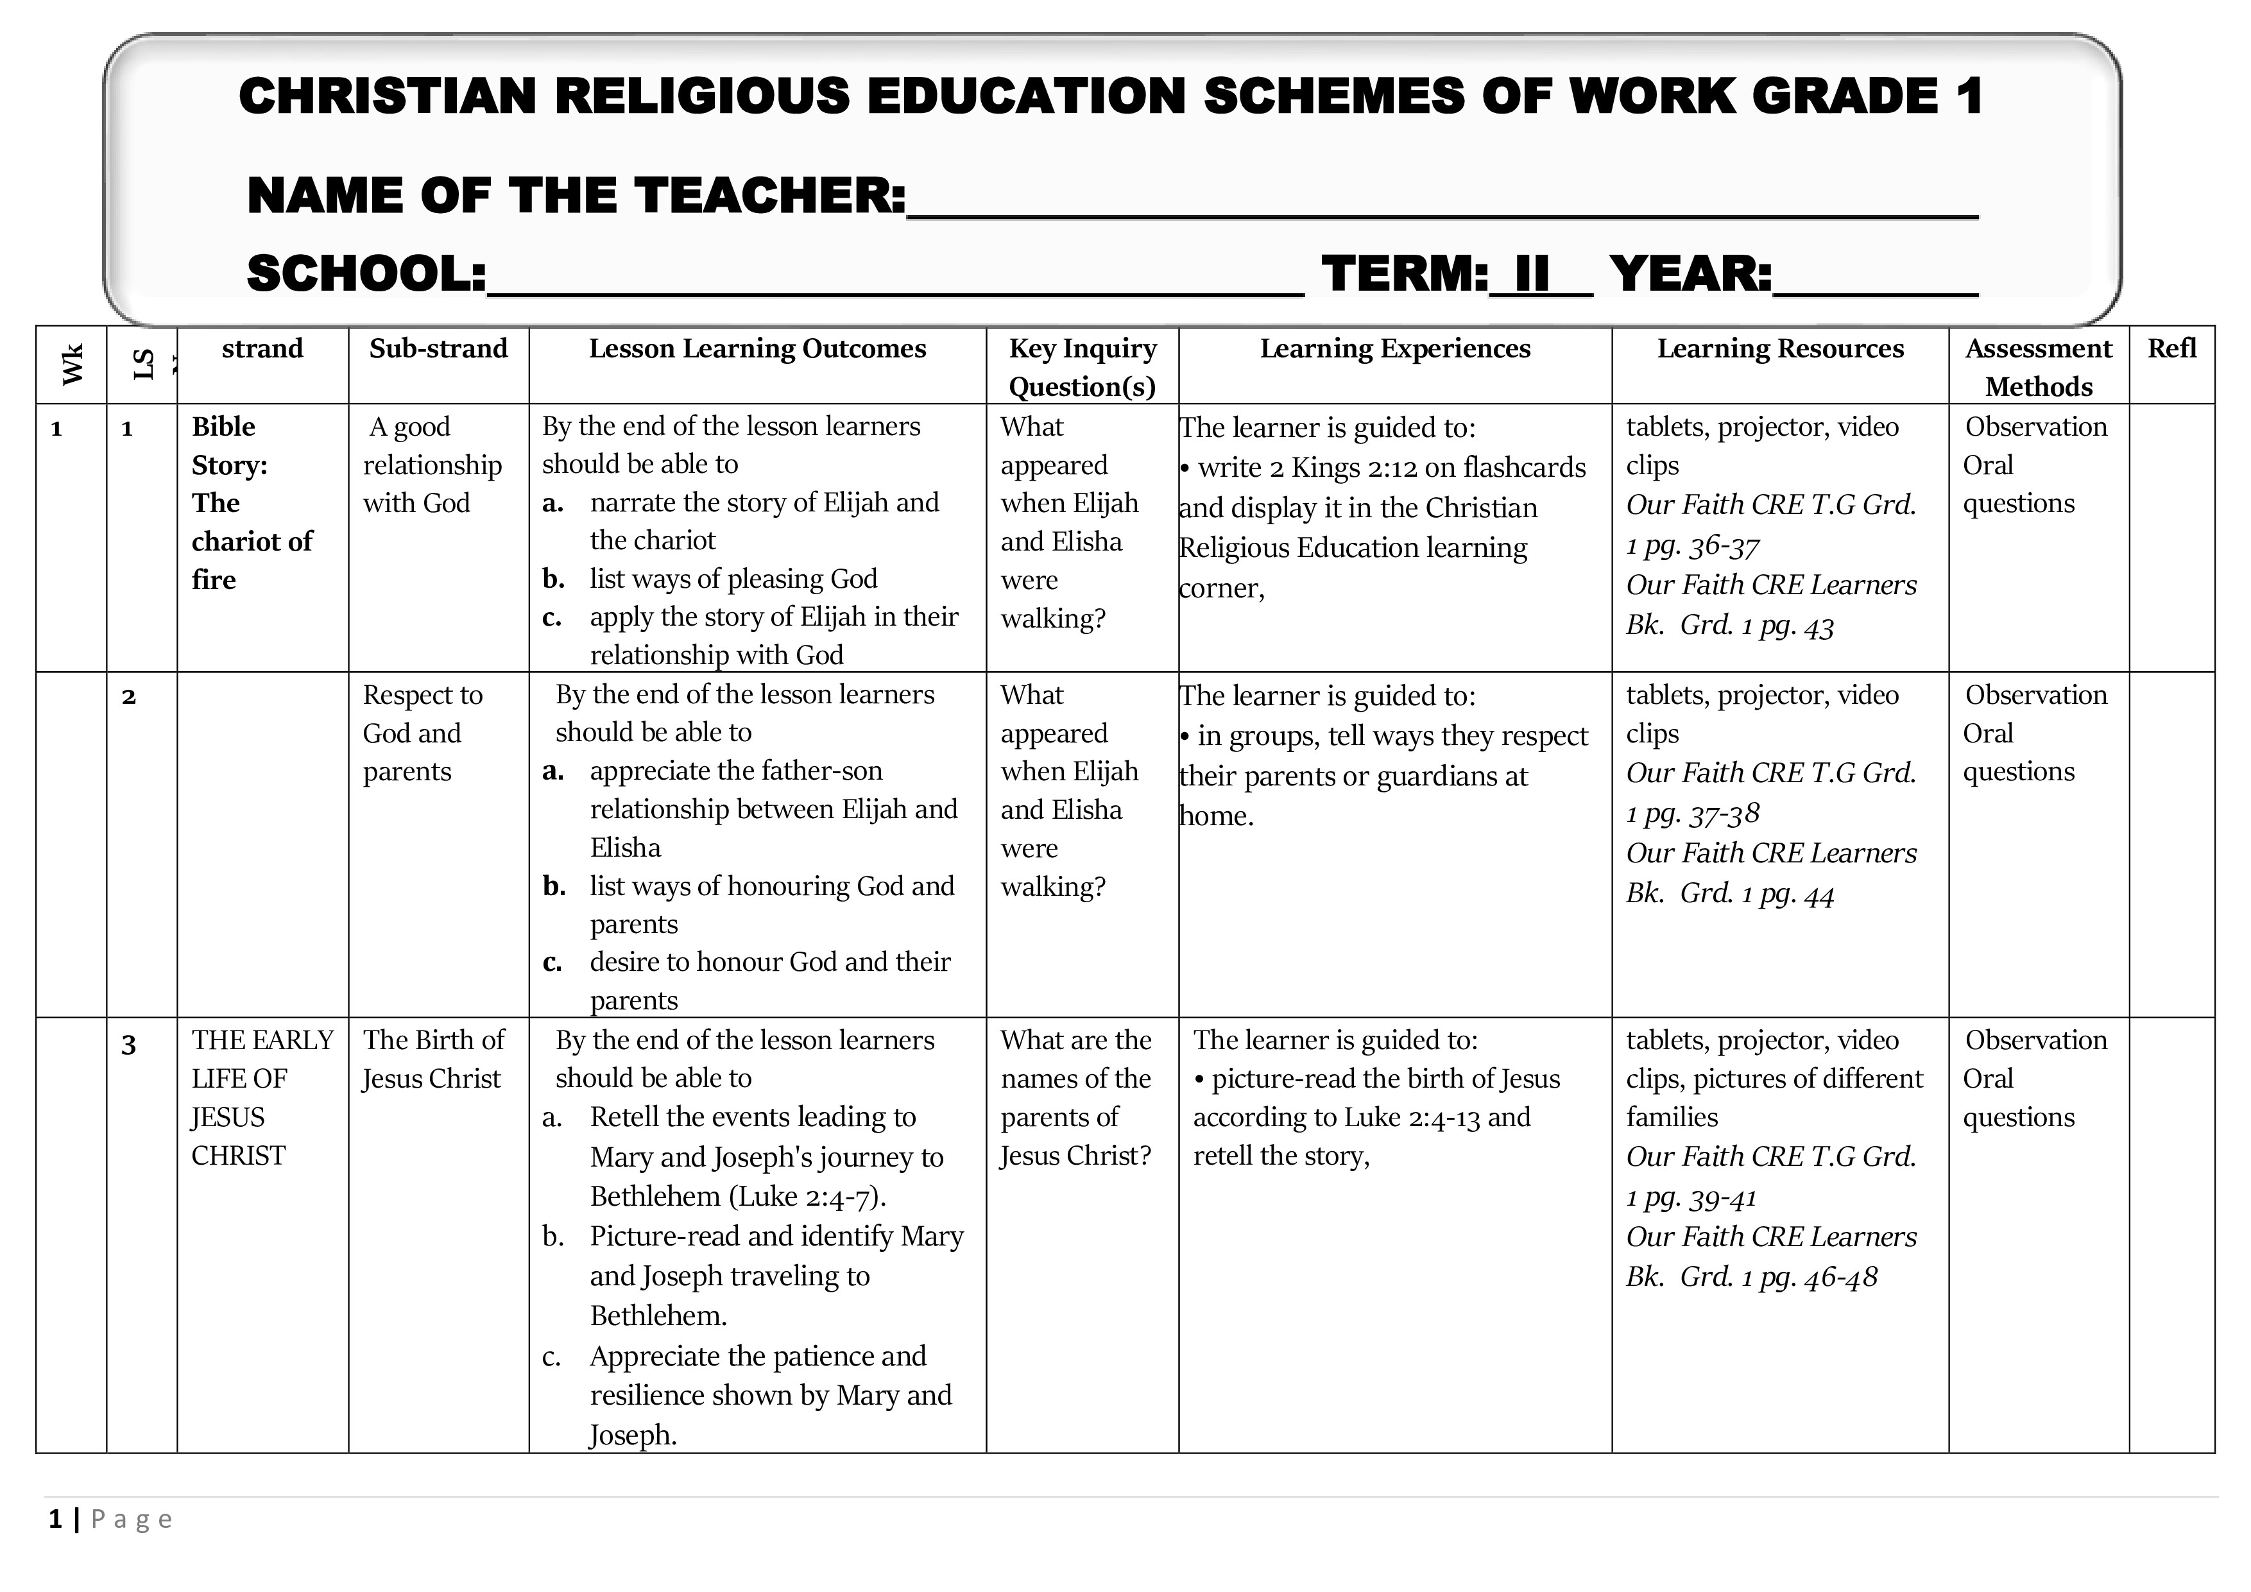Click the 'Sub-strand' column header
point(438,349)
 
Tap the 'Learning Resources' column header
point(1779,349)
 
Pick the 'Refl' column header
point(2171,349)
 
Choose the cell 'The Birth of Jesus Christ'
point(432,1059)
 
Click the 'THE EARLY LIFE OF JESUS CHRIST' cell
point(262,1097)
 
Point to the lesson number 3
point(128,1045)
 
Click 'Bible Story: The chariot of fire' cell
point(252,503)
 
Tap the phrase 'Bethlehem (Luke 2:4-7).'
point(737,1197)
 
